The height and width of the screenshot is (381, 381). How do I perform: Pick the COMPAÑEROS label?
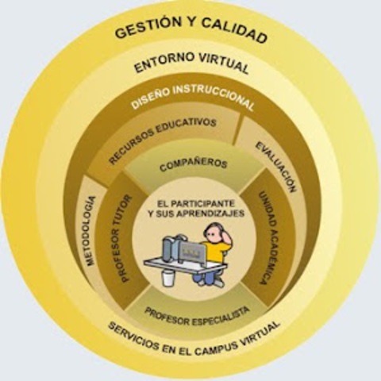point(193,164)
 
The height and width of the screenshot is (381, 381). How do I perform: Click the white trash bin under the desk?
point(168,277)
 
